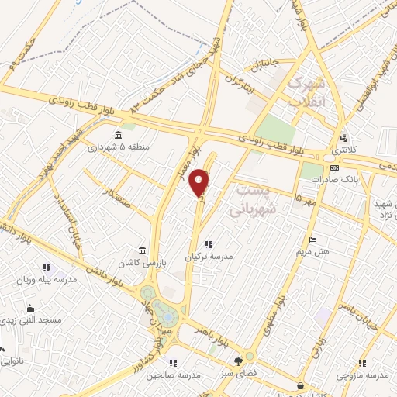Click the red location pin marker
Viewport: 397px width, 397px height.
coord(200,182)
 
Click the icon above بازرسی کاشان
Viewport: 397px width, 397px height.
coord(141,250)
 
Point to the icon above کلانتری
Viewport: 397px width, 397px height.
coord(343,138)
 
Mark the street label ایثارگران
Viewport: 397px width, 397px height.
coord(241,79)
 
